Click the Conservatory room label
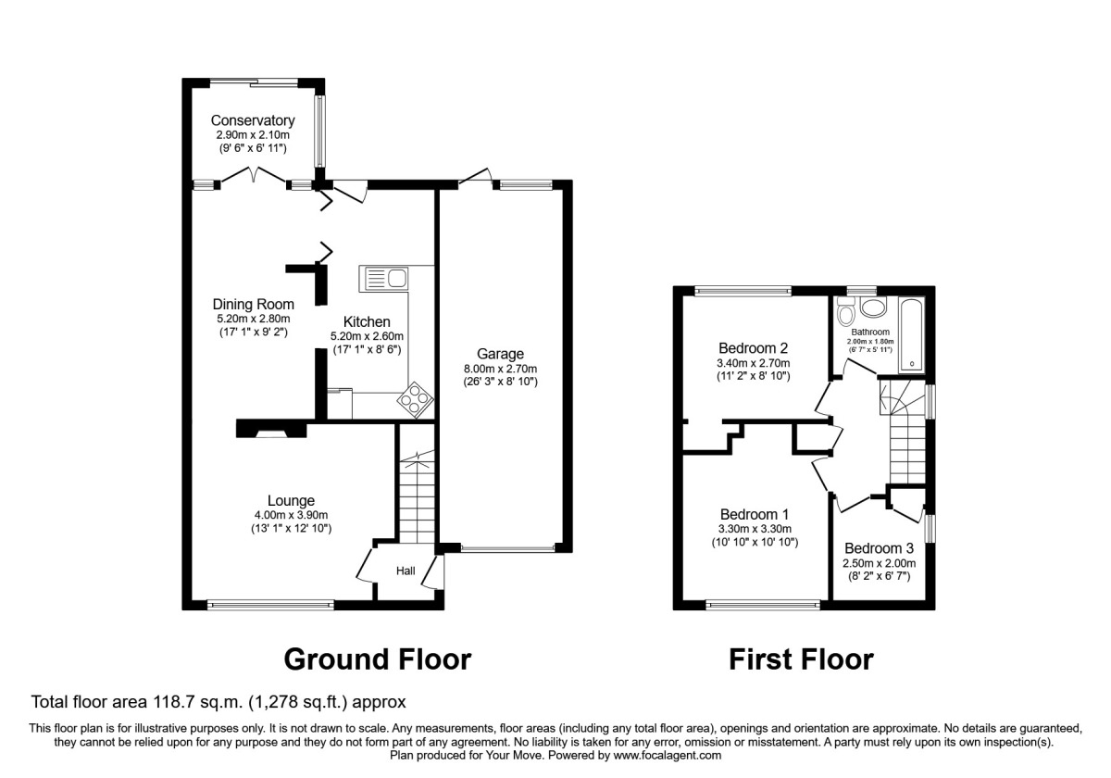point(253,120)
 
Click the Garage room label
point(500,354)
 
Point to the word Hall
point(406,571)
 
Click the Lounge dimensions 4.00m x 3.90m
point(293,515)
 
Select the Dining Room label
point(253,304)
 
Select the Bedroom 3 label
point(878,547)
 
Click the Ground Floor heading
point(377,659)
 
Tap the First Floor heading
point(801,659)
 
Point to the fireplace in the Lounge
point(271,429)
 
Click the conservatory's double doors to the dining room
point(256,175)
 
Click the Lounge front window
point(270,606)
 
